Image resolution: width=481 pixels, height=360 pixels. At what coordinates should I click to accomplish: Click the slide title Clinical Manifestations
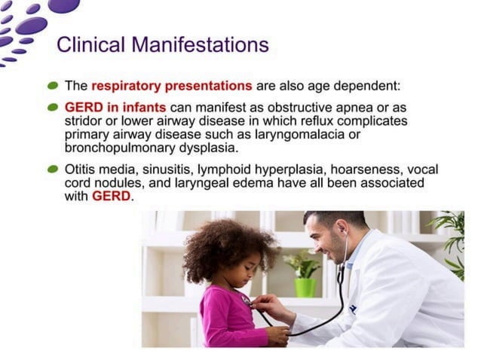click(163, 45)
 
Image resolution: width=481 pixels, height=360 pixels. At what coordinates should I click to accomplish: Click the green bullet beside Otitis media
click(53, 169)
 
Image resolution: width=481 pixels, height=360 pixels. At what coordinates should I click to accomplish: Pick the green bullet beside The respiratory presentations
click(53, 86)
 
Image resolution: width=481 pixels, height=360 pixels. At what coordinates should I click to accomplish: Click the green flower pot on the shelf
click(305, 286)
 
